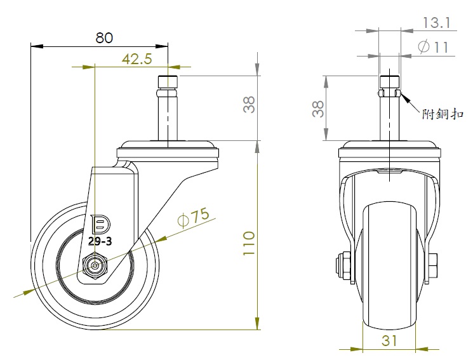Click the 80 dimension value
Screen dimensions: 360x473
tap(104, 37)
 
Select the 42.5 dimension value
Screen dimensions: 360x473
tap(137, 59)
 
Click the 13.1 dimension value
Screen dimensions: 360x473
tap(436, 23)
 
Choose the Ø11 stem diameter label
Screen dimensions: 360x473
tap(434, 46)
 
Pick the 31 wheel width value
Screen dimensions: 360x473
tap(390, 340)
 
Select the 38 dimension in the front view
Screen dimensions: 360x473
tap(318, 108)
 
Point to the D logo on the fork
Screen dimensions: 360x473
tap(100, 225)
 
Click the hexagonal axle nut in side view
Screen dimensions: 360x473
tap(97, 265)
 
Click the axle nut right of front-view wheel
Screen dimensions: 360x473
tap(434, 261)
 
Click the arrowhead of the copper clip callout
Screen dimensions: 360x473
tap(403, 97)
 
